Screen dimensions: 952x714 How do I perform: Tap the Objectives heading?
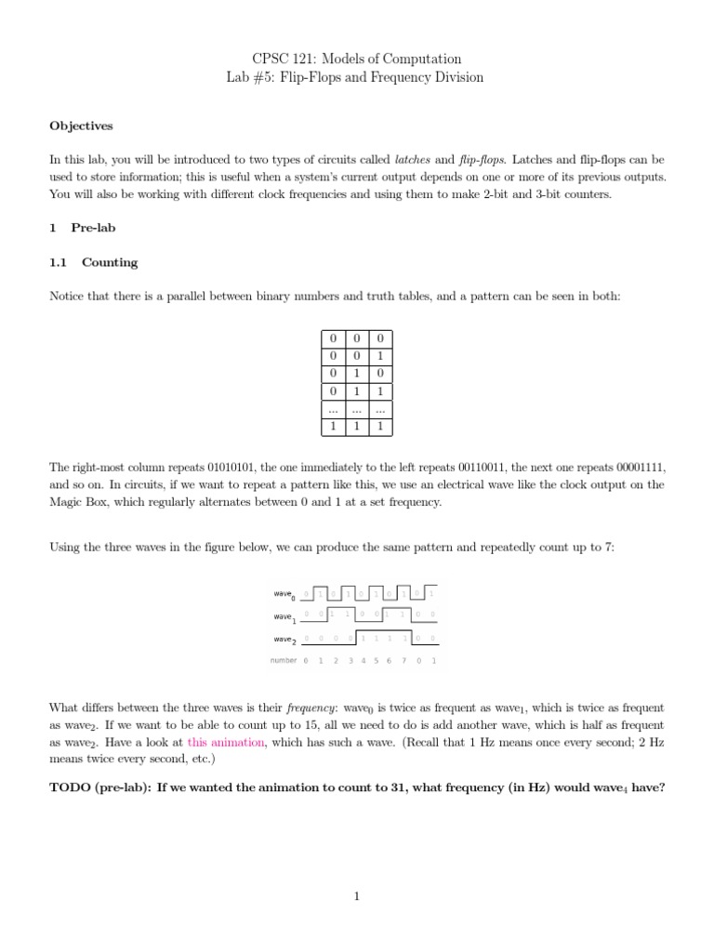click(x=81, y=126)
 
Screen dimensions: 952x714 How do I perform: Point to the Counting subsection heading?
click(x=93, y=262)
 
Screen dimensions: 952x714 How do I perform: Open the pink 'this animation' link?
click(x=226, y=742)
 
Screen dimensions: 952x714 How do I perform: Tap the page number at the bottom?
click(x=357, y=896)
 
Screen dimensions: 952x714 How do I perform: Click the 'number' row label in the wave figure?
click(x=284, y=661)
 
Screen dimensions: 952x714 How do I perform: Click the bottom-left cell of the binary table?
click(x=331, y=426)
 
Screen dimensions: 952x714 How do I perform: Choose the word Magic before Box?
click(x=66, y=502)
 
